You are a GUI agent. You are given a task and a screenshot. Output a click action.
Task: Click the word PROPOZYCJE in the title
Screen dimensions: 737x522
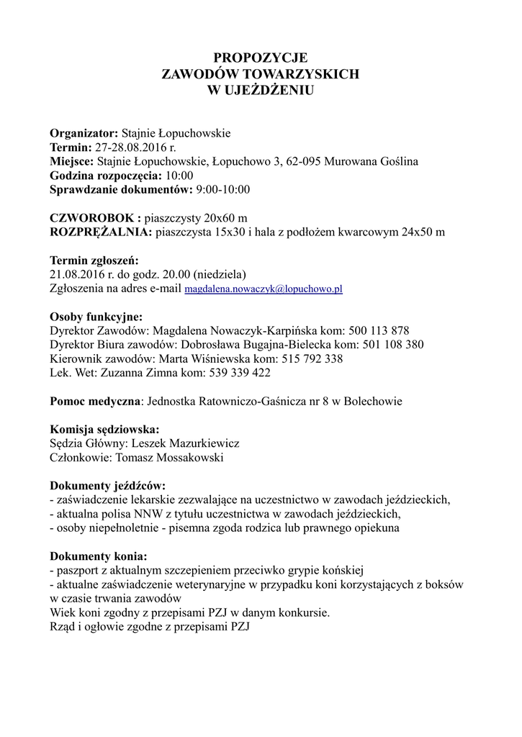(261, 58)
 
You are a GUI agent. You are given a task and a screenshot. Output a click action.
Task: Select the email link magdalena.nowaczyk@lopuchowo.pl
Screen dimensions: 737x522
(263, 289)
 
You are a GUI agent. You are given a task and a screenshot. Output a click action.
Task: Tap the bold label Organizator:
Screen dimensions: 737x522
(84, 133)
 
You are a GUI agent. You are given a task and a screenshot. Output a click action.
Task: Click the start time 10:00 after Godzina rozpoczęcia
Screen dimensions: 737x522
(179, 175)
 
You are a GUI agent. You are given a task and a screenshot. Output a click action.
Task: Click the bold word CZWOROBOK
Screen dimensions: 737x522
(91, 217)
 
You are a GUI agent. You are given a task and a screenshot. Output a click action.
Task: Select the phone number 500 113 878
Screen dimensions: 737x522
(379, 330)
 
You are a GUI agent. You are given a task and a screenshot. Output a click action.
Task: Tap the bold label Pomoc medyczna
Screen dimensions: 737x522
(95, 401)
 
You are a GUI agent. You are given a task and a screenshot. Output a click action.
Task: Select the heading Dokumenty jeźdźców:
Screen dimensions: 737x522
(107, 486)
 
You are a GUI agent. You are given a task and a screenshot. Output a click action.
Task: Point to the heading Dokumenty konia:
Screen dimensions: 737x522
(98, 556)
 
